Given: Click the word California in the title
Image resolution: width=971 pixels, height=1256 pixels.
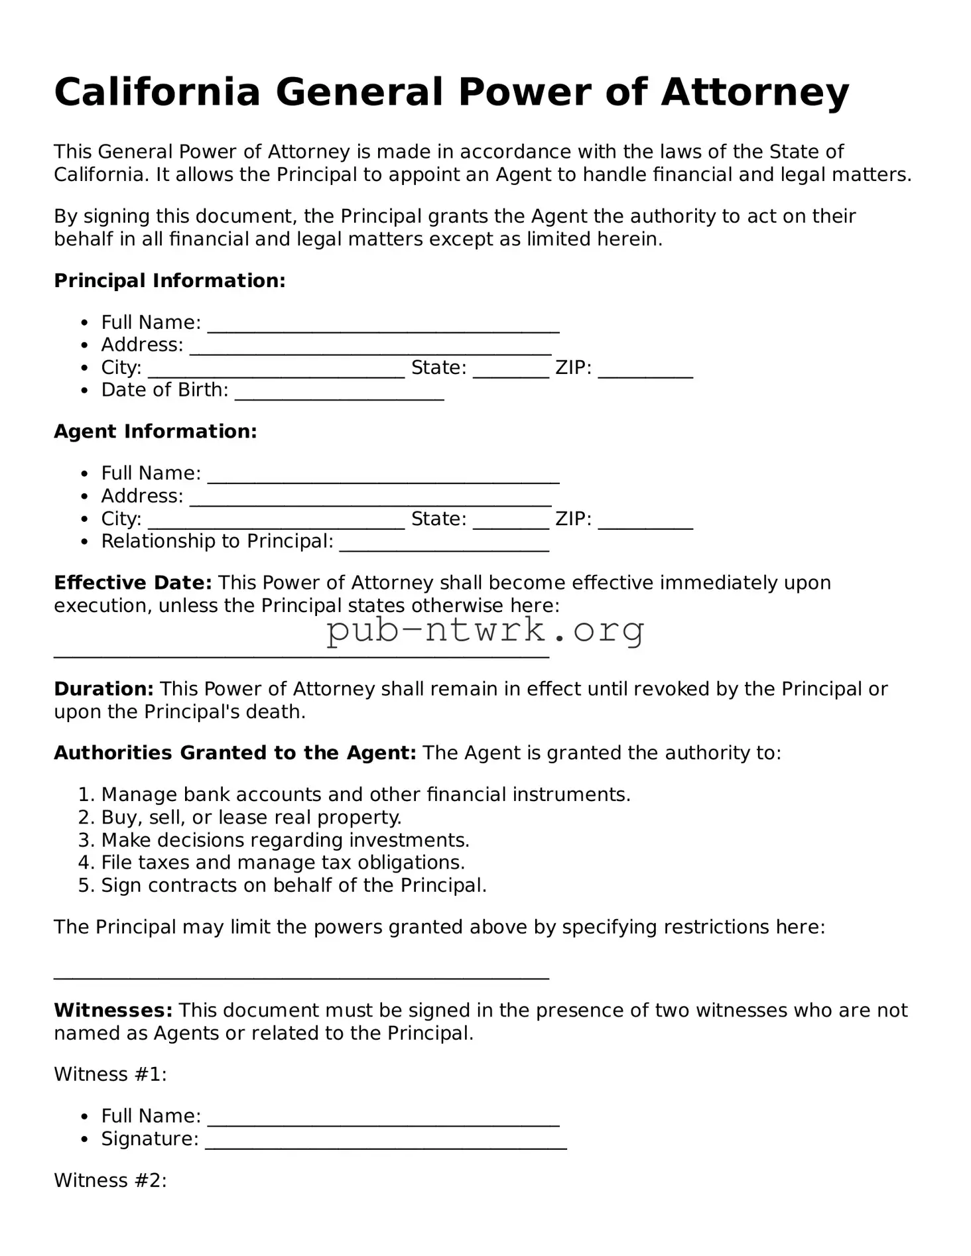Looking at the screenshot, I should (x=157, y=92).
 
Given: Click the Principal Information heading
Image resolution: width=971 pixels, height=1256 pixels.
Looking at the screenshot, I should (x=169, y=281).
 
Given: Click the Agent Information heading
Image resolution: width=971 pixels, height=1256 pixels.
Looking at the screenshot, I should (x=155, y=432).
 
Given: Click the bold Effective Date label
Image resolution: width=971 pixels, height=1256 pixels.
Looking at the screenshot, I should (x=133, y=583).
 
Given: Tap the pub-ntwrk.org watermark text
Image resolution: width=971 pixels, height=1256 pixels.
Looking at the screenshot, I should (x=485, y=631).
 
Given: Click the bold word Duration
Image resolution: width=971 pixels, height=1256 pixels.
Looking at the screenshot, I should (x=103, y=689).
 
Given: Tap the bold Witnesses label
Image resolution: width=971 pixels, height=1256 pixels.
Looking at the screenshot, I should (x=113, y=1010).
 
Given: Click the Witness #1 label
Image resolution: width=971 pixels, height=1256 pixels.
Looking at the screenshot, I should (x=110, y=1074).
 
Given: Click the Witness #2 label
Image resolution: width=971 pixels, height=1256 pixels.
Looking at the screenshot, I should (x=110, y=1180).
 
